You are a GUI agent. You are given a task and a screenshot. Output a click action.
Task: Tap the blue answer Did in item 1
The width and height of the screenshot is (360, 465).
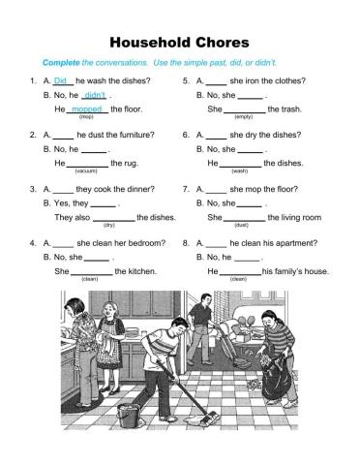(x=61, y=81)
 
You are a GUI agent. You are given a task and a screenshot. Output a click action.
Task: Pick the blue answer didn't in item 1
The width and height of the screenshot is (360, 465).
(x=95, y=95)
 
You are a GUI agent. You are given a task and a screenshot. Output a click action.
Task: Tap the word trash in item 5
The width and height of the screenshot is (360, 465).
(x=281, y=109)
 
